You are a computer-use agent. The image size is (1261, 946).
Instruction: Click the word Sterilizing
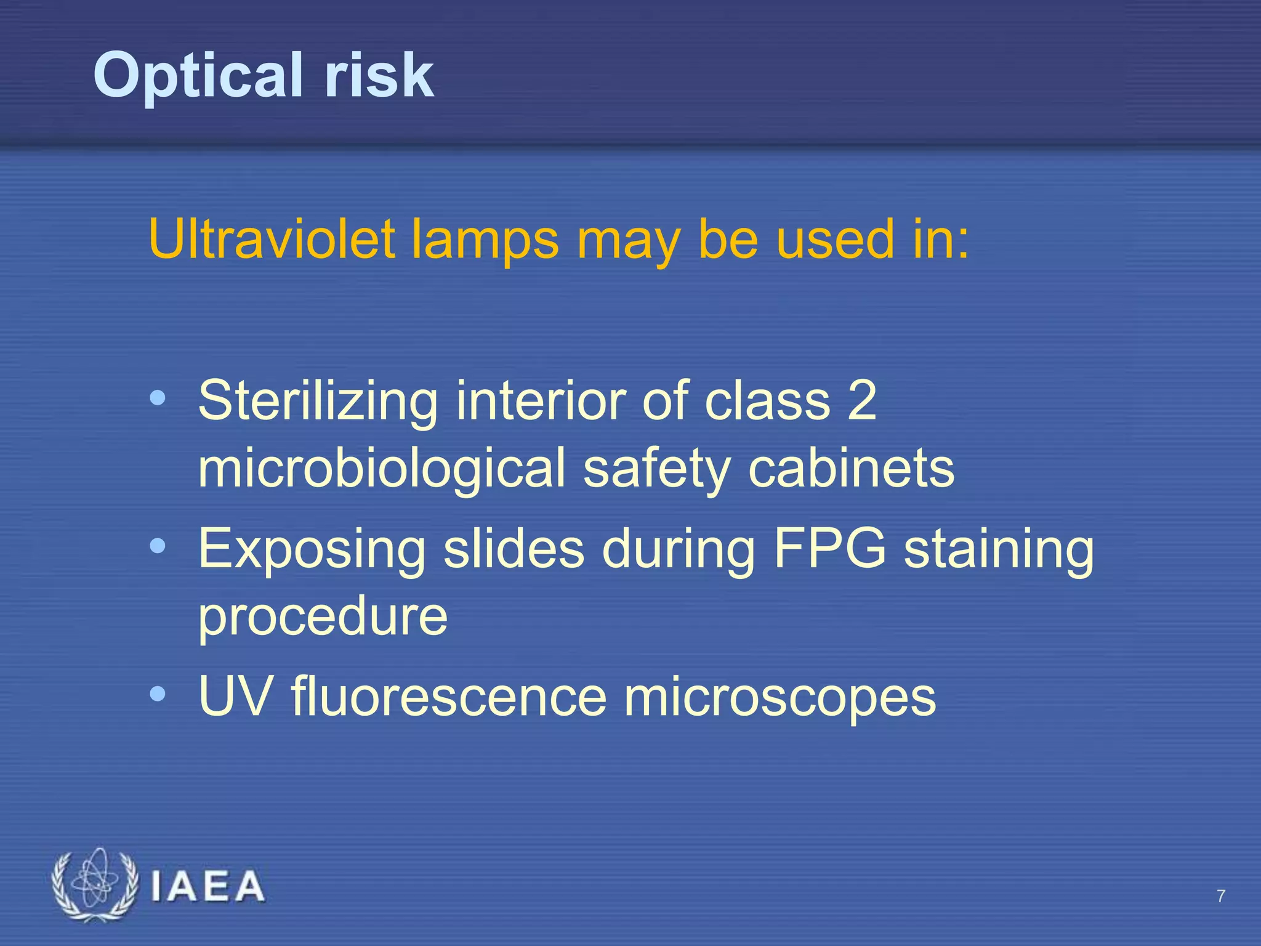coord(318,401)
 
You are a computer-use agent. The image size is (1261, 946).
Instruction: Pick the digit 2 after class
coord(861,400)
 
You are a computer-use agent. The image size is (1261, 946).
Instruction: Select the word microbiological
coord(382,468)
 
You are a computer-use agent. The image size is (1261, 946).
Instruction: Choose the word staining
coord(999,549)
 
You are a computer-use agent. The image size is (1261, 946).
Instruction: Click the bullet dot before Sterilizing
coord(158,398)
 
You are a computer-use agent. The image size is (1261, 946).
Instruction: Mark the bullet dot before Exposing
coord(158,546)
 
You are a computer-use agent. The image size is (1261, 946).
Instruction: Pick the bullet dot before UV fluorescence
coord(158,694)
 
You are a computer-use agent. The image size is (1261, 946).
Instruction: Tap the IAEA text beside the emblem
coord(207,887)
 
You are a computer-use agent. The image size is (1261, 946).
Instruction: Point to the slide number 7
coord(1221,896)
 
